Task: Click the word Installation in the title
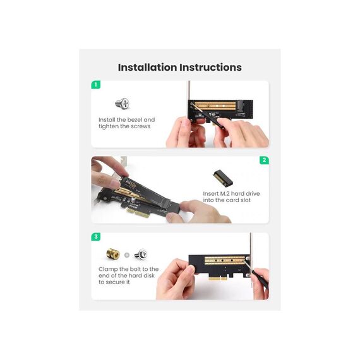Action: pyautogui.click(x=147, y=68)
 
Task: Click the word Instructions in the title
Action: pyautogui.click(x=210, y=68)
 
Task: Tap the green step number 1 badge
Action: pyautogui.click(x=96, y=85)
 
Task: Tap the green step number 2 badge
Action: pyautogui.click(x=264, y=160)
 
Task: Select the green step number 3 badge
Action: pyautogui.click(x=96, y=237)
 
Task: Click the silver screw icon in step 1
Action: pyautogui.click(x=123, y=104)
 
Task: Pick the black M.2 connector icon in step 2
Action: pyautogui.click(x=223, y=178)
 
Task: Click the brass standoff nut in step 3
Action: pyautogui.click(x=113, y=254)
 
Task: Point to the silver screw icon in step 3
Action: pyautogui.click(x=141, y=255)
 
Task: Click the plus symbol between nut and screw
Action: pyautogui.click(x=127, y=255)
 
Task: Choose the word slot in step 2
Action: pyautogui.click(x=246, y=200)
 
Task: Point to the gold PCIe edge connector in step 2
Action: pyautogui.click(x=138, y=212)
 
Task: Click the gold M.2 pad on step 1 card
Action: pyautogui.click(x=215, y=106)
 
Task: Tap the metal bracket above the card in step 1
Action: pyautogui.click(x=189, y=90)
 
